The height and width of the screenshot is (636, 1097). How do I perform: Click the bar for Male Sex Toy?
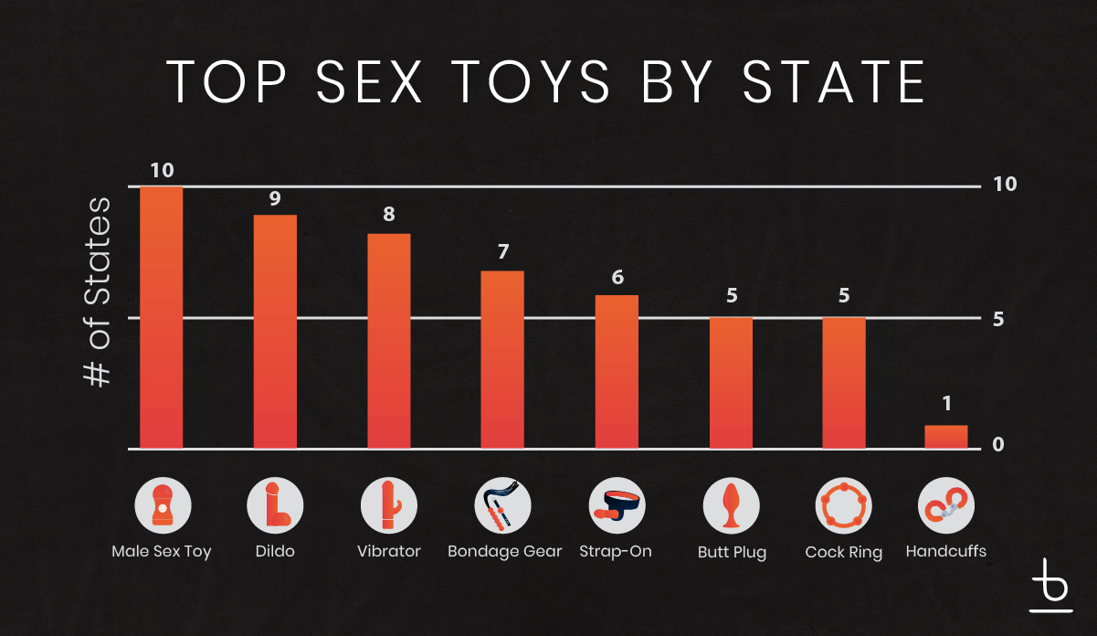161,317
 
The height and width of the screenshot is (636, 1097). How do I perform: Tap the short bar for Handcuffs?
945,437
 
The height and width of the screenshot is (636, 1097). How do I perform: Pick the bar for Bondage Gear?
502,359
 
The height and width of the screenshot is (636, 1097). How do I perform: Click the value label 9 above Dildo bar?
275,199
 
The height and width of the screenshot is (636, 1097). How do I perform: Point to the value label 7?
502,252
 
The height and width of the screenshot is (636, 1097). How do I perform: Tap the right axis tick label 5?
998,319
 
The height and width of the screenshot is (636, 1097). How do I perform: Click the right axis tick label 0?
998,445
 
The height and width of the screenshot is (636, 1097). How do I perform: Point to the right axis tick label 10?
1005,184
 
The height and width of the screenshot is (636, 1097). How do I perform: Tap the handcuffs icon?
945,505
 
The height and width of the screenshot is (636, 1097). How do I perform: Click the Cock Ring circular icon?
843,505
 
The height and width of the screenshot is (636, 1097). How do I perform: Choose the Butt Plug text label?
732,553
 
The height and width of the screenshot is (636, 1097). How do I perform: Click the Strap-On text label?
616,552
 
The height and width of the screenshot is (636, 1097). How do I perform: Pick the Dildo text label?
275,552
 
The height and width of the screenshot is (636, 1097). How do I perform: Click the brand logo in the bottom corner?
1050,585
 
